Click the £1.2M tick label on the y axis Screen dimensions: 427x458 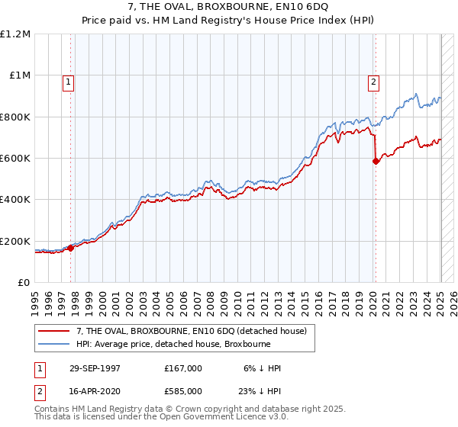[15, 34]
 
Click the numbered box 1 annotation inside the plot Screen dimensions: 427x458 [69, 83]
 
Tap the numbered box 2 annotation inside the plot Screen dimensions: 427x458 [374, 83]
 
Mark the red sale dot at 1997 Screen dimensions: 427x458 [71, 248]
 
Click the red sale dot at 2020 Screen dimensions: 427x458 [376, 161]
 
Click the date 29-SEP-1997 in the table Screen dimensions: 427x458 [95, 368]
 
